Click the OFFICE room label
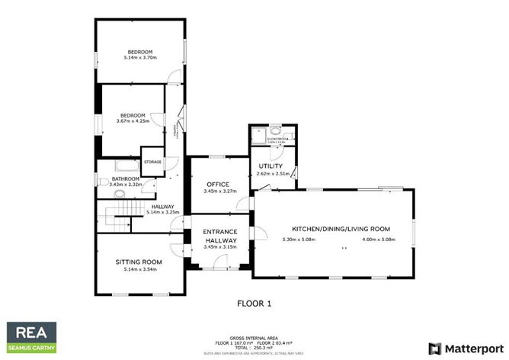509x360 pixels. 219,184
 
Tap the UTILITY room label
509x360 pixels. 271,166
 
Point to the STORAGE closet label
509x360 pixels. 152,162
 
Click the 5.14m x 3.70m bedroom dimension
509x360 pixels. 140,58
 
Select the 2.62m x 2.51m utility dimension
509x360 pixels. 271,174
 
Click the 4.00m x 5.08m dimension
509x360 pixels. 379,239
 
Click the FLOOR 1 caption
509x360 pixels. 254,303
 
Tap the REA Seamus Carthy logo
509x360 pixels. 31,337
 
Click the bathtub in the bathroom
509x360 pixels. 126,166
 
